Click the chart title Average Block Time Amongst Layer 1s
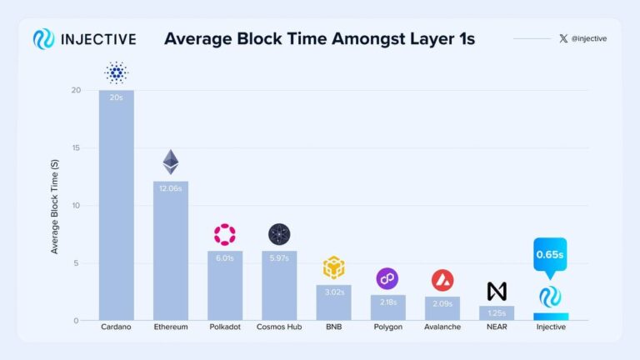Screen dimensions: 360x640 (x=319, y=39)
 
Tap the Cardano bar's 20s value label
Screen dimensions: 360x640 (x=116, y=98)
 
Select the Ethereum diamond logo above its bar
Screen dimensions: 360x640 (x=171, y=162)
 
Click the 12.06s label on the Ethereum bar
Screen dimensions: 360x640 (x=170, y=189)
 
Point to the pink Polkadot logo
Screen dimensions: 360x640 (x=225, y=234)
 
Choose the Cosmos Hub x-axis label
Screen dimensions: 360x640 (x=278, y=327)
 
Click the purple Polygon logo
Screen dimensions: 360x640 (x=387, y=278)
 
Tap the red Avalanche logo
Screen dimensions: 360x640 (x=442, y=280)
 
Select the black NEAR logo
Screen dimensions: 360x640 (x=497, y=292)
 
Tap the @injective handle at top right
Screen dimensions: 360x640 (x=587, y=39)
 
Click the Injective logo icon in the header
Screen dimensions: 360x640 (x=43, y=39)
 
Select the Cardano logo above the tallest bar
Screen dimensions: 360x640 (x=116, y=73)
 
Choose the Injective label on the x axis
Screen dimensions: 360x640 (x=550, y=327)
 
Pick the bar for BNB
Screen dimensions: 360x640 (x=333, y=302)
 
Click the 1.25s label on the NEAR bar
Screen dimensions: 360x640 (x=497, y=312)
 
